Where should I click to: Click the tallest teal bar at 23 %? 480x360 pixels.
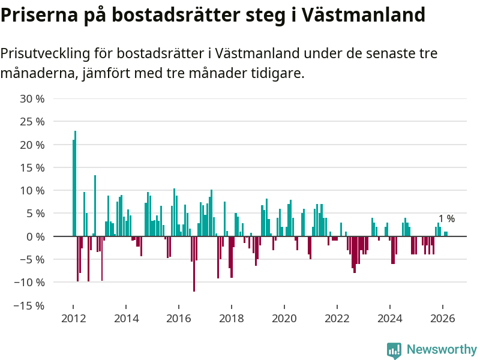click(x=76, y=180)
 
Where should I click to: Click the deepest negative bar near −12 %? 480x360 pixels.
click(x=194, y=264)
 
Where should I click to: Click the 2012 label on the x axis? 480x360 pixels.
click(x=73, y=319)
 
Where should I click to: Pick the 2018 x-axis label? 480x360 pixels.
click(x=231, y=319)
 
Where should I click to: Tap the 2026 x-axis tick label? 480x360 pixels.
click(x=442, y=319)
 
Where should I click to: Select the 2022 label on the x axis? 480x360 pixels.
click(x=337, y=319)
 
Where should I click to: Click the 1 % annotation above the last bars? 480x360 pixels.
click(x=446, y=219)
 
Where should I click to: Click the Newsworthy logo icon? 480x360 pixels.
click(x=394, y=350)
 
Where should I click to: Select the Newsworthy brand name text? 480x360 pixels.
click(x=442, y=350)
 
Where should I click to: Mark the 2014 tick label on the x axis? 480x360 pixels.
click(x=125, y=319)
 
